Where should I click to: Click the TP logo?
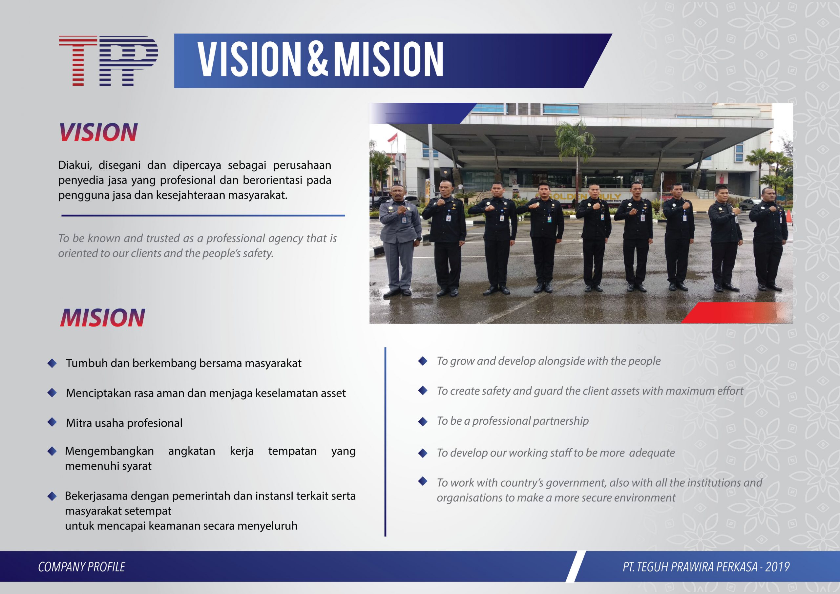[108, 61]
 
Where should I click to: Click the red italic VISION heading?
[98, 132]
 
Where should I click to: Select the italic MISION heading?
[102, 317]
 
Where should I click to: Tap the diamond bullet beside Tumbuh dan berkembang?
[52, 363]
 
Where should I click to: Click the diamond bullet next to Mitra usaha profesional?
[52, 422]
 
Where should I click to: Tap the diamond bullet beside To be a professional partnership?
[423, 422]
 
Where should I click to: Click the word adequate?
[652, 453]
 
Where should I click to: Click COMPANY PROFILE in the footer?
[82, 567]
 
